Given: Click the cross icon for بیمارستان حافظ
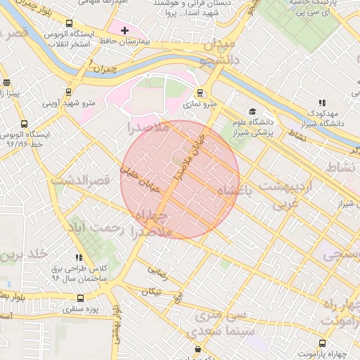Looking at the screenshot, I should tap(124, 30).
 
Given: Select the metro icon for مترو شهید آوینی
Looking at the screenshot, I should tap(68, 91).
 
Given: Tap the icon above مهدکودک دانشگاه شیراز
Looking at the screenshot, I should tap(323, 103).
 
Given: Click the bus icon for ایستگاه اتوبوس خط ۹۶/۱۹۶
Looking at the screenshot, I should tap(25, 124).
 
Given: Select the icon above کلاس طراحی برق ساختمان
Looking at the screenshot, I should tap(79, 258).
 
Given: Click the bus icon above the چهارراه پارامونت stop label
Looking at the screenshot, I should tap(322, 343).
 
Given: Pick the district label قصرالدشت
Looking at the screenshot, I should tap(82, 181).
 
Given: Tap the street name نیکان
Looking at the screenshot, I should tap(152, 291).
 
